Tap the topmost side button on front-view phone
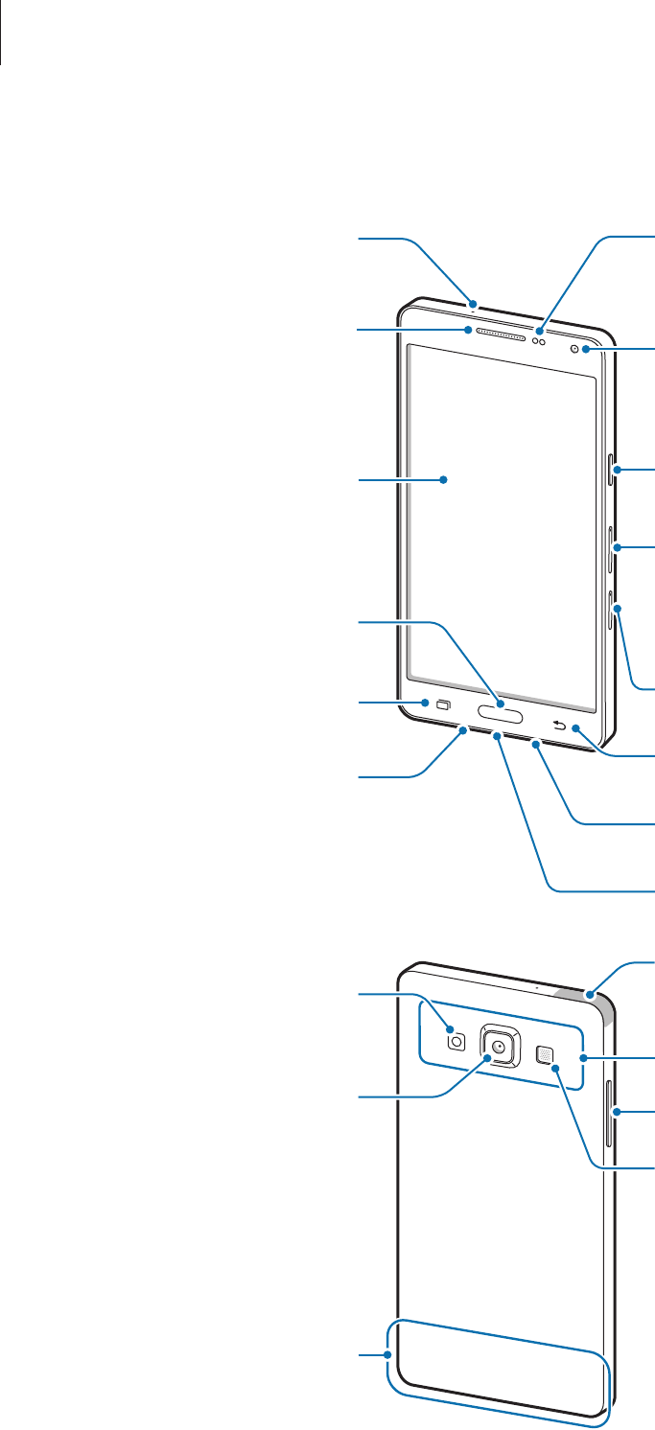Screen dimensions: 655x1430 [x=611, y=471]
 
